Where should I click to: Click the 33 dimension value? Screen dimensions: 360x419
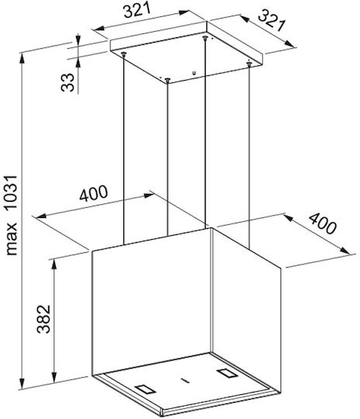point(67,82)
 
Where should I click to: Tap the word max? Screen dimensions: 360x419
point(11,239)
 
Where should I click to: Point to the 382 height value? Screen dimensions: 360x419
point(43,319)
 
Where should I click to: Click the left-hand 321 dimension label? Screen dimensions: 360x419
point(137,11)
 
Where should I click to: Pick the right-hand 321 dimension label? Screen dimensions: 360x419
point(272,20)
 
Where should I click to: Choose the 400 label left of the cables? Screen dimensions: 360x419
point(94,193)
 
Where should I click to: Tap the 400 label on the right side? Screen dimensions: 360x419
point(322,223)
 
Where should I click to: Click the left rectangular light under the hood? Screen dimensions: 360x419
point(144,389)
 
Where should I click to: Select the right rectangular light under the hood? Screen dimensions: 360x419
point(227,372)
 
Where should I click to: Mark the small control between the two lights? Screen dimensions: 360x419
point(185,380)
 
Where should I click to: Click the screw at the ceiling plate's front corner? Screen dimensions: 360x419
point(168,80)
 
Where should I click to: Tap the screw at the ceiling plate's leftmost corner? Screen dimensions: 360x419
point(123,54)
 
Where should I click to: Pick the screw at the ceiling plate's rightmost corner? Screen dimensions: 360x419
point(249,64)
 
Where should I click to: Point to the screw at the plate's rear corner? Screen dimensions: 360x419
point(205,38)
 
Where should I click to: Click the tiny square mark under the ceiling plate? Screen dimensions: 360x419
point(194,72)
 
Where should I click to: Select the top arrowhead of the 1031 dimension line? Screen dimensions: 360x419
point(22,58)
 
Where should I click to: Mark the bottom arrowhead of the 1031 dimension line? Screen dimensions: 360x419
point(22,383)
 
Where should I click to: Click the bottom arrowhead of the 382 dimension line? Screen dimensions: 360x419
point(54,377)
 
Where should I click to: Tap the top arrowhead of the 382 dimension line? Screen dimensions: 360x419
point(54,265)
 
